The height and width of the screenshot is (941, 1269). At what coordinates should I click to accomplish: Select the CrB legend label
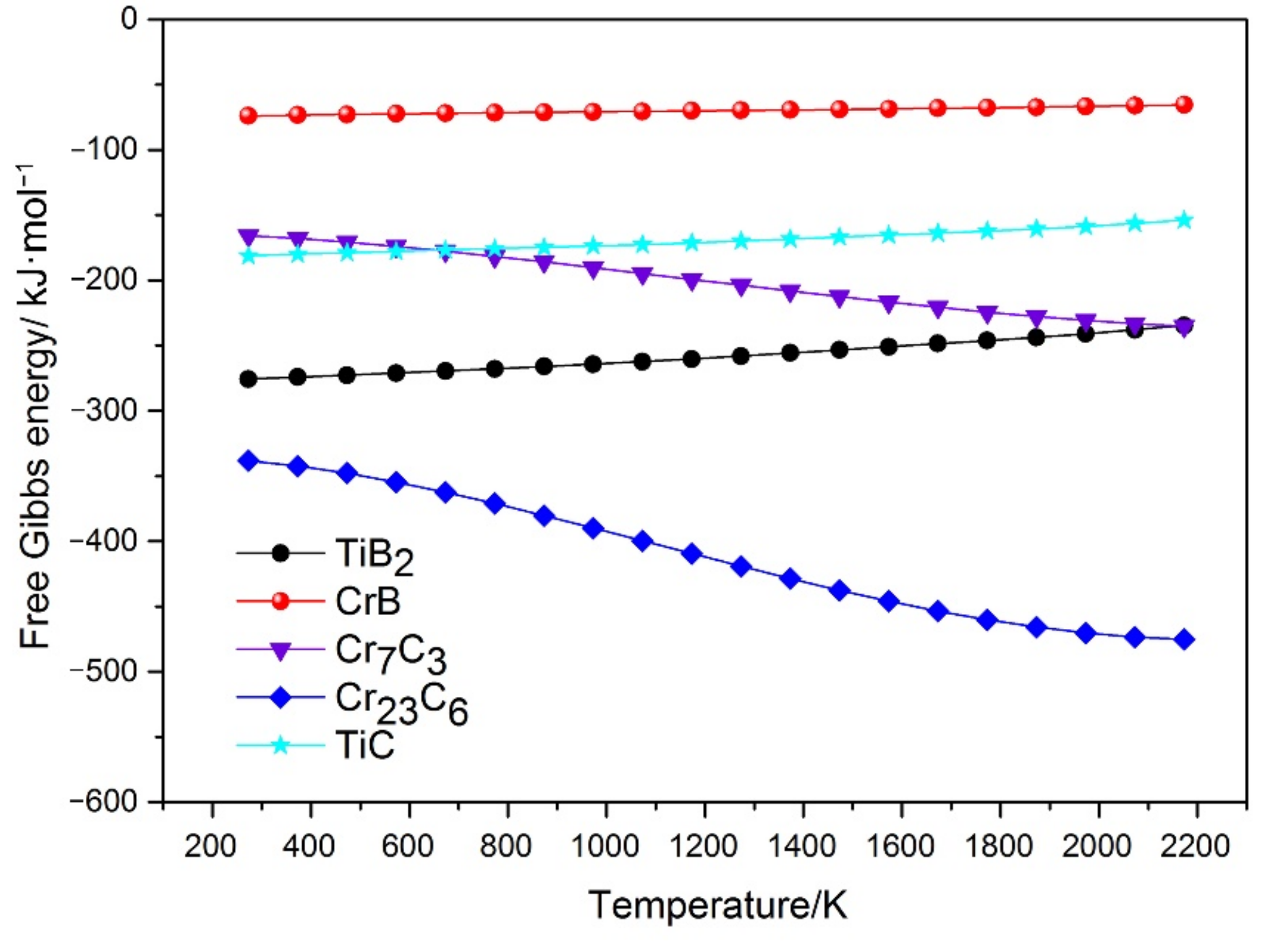pyautogui.click(x=367, y=602)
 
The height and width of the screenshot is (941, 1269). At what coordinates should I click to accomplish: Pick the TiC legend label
pyautogui.click(x=365, y=745)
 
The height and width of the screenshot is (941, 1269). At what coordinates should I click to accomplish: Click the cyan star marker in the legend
pyautogui.click(x=280, y=745)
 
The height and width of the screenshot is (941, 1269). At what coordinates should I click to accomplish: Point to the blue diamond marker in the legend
pyautogui.click(x=280, y=697)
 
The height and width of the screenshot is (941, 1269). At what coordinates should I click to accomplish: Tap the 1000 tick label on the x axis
pyautogui.click(x=605, y=846)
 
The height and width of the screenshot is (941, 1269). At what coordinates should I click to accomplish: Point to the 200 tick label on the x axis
pyautogui.click(x=211, y=846)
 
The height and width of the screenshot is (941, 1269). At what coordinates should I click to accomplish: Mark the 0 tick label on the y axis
pyautogui.click(x=130, y=20)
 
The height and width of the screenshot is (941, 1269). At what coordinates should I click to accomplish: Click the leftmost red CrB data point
pyautogui.click(x=248, y=116)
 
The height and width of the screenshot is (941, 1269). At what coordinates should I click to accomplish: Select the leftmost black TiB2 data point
pyautogui.click(x=248, y=379)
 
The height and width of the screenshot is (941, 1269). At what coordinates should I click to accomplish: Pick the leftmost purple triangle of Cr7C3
pyautogui.click(x=248, y=236)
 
